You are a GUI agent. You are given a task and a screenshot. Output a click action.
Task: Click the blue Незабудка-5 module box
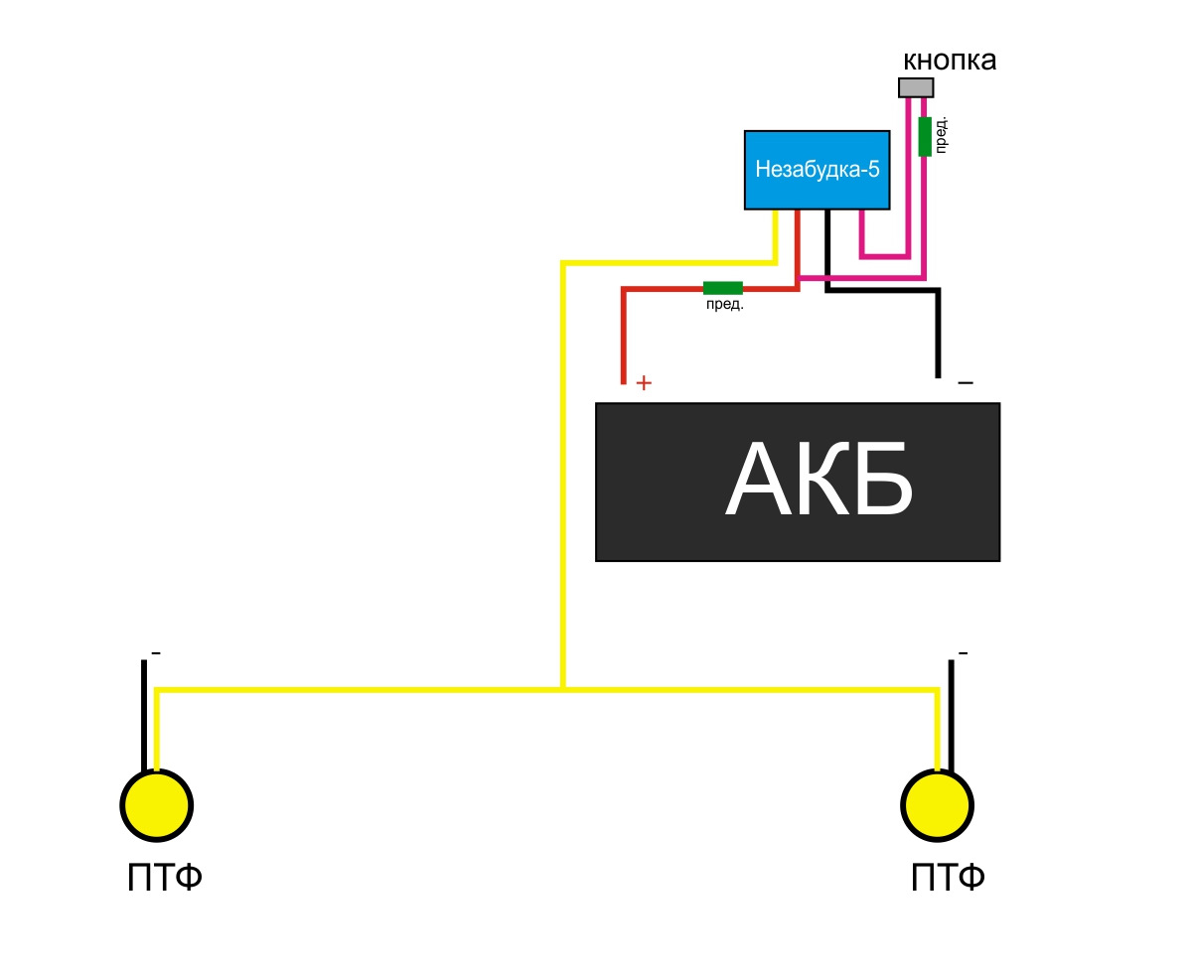click(817, 170)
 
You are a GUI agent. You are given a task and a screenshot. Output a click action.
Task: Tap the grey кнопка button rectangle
click(915, 87)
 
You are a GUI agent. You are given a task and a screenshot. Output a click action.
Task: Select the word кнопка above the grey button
click(949, 60)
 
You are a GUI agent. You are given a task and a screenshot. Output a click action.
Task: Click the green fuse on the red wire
click(722, 288)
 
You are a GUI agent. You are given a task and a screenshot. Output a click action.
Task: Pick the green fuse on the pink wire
click(925, 136)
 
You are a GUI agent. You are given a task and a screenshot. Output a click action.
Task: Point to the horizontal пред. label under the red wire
click(724, 305)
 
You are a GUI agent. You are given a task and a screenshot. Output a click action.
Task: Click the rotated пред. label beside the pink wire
click(940, 135)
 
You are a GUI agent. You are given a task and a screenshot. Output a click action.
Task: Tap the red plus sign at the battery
click(643, 382)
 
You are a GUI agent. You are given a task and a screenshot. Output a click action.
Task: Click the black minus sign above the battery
click(966, 382)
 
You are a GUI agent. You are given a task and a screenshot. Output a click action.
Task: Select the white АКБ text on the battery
click(819, 479)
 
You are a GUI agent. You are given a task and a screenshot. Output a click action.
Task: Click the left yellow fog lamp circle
click(157, 805)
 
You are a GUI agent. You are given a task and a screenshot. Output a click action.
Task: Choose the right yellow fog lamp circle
click(937, 805)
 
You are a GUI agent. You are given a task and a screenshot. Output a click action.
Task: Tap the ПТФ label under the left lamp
click(164, 878)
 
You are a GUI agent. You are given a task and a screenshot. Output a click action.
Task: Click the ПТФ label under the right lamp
click(947, 878)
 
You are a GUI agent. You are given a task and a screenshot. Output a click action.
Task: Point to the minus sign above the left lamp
click(156, 653)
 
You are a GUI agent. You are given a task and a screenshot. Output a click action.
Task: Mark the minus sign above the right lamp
click(963, 653)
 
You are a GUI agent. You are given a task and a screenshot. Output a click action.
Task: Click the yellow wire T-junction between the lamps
click(563, 690)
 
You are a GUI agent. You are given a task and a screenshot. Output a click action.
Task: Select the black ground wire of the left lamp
click(144, 716)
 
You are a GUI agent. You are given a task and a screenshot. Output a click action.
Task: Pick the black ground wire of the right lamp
click(951, 716)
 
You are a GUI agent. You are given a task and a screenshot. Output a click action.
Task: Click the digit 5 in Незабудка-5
click(873, 169)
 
